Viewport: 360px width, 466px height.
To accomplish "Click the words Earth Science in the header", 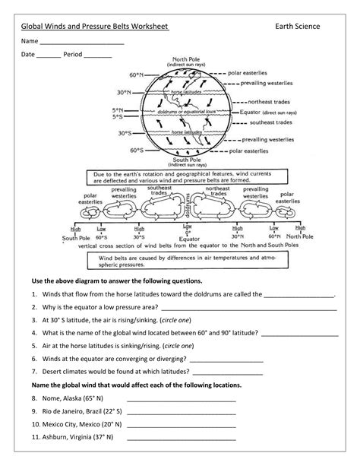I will pyautogui.click(x=298, y=27).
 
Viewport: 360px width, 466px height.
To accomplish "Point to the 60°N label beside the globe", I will pyautogui.click(x=136, y=75).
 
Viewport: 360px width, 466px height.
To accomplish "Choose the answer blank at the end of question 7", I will pyautogui.click(x=227, y=373).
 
